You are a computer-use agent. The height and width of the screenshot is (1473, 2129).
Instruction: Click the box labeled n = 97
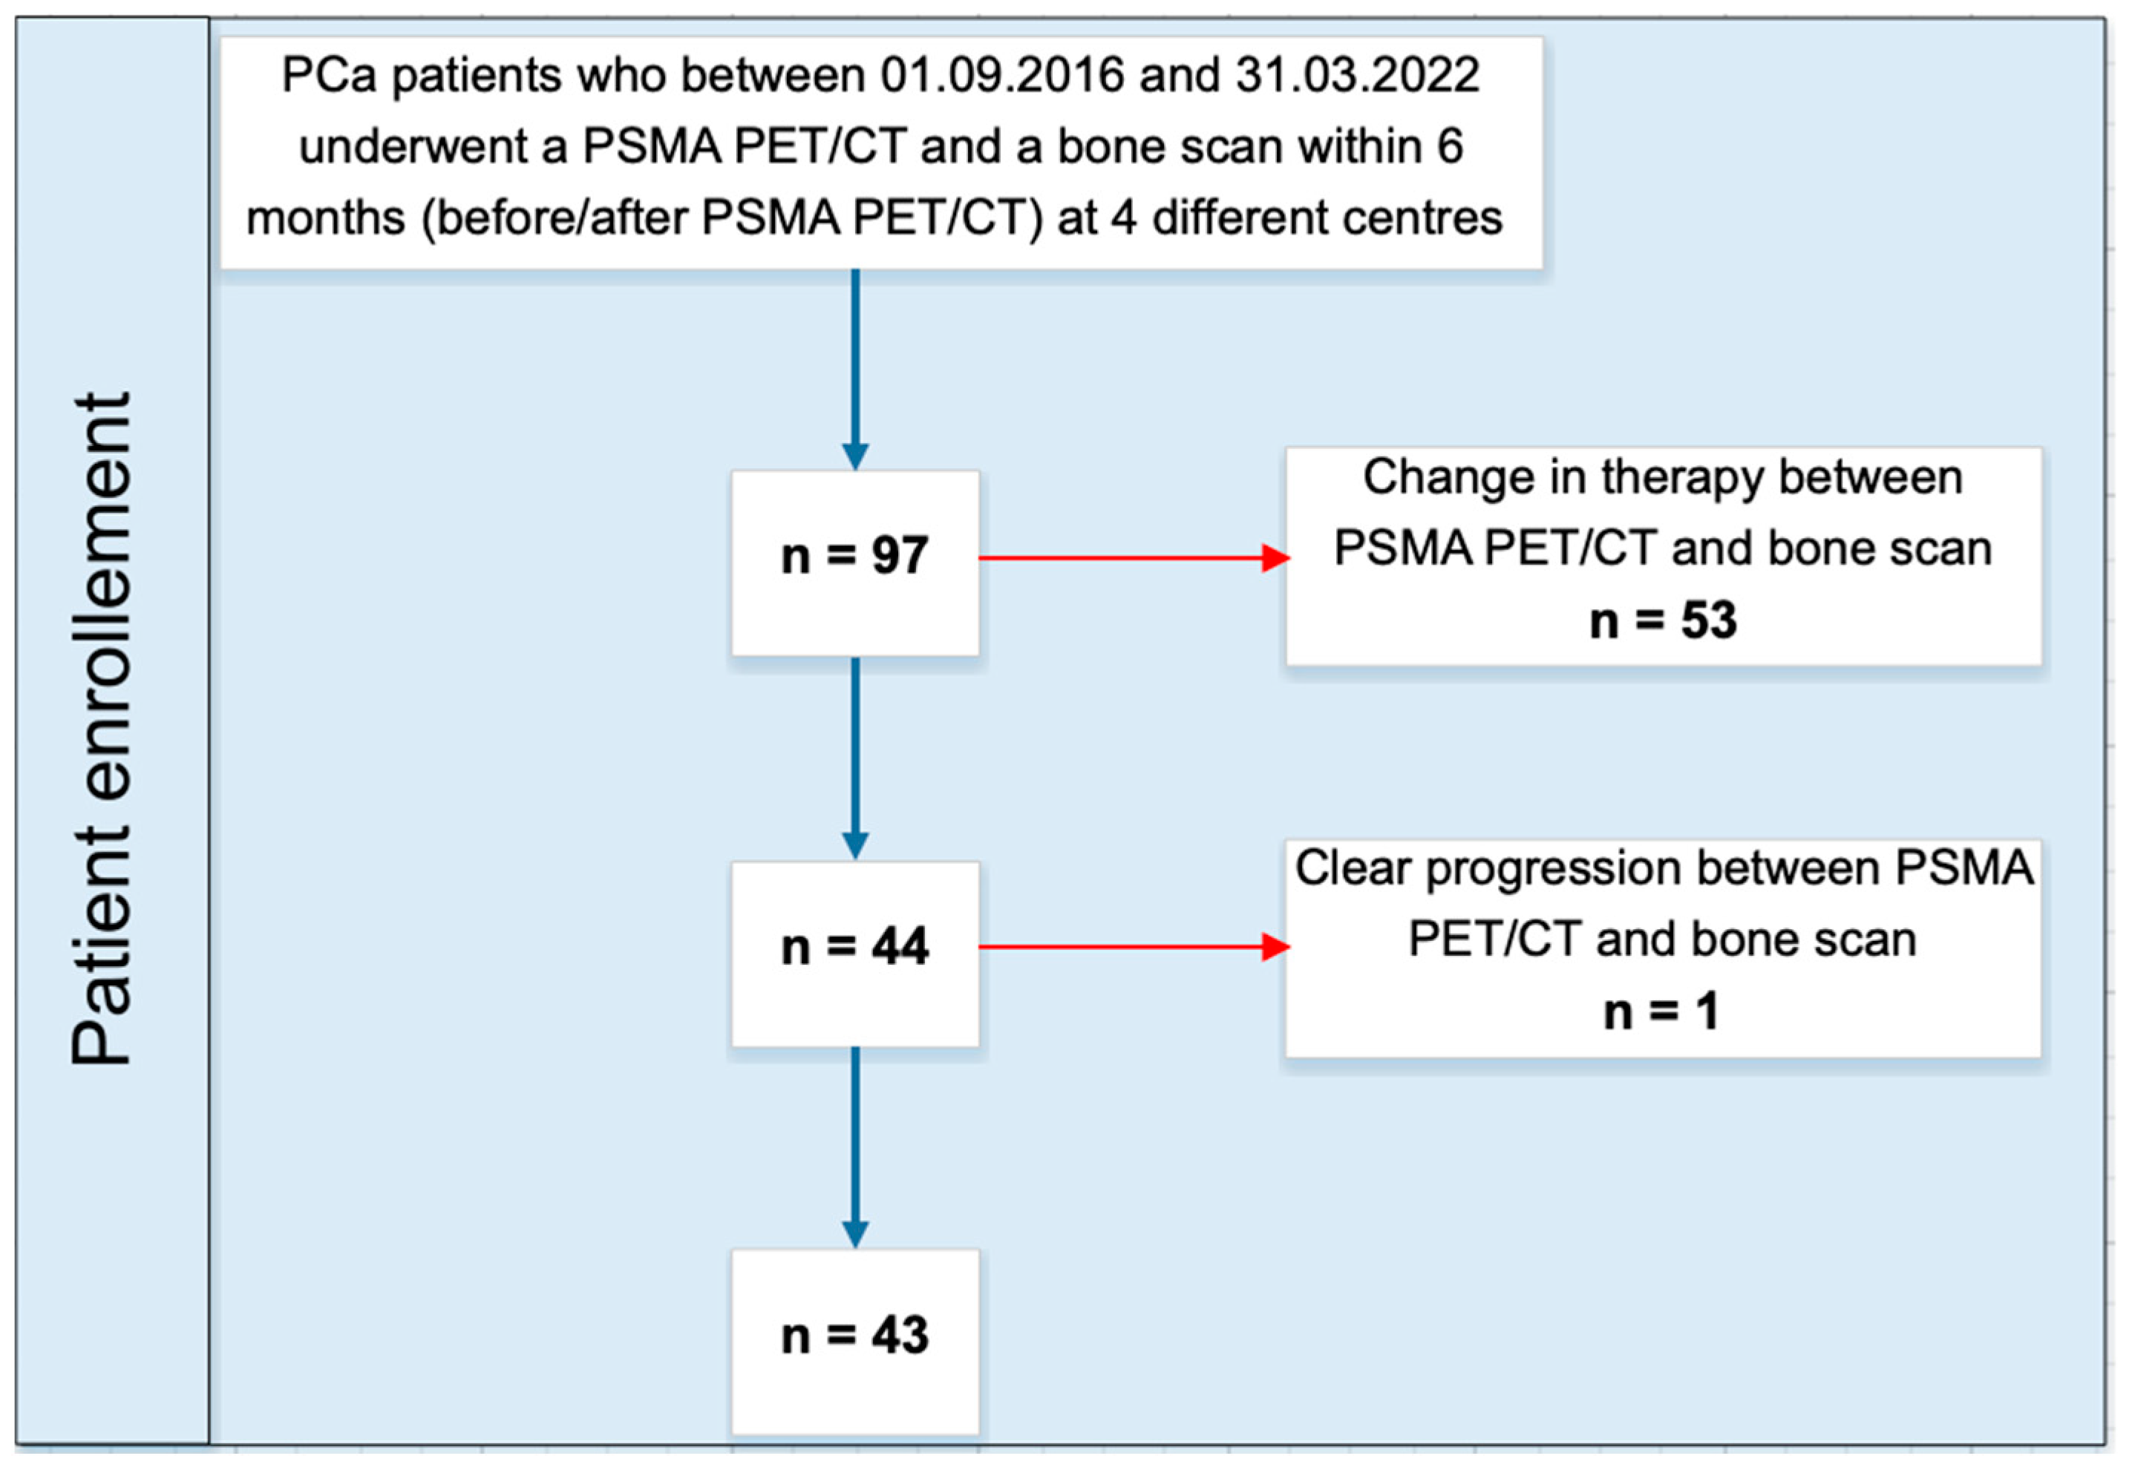click(855, 563)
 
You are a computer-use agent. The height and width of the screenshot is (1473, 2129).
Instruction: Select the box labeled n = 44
click(855, 954)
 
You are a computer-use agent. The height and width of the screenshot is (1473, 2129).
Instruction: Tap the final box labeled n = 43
click(855, 1341)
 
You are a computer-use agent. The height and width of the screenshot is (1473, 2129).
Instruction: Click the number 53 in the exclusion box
click(1708, 620)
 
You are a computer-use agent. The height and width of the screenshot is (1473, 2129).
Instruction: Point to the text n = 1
click(1662, 1011)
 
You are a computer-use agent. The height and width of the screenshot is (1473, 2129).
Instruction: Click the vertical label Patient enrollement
click(102, 729)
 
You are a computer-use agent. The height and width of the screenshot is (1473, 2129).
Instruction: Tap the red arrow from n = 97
click(1134, 557)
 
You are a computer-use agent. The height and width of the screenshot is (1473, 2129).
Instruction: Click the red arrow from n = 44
click(1134, 946)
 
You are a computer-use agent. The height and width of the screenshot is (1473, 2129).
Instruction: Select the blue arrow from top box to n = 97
click(855, 369)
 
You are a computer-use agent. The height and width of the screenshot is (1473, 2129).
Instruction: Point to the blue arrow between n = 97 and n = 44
click(855, 758)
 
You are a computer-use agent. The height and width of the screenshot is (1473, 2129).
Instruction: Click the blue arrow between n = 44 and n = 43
click(855, 1147)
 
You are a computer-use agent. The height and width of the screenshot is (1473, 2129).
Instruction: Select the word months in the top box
click(326, 219)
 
